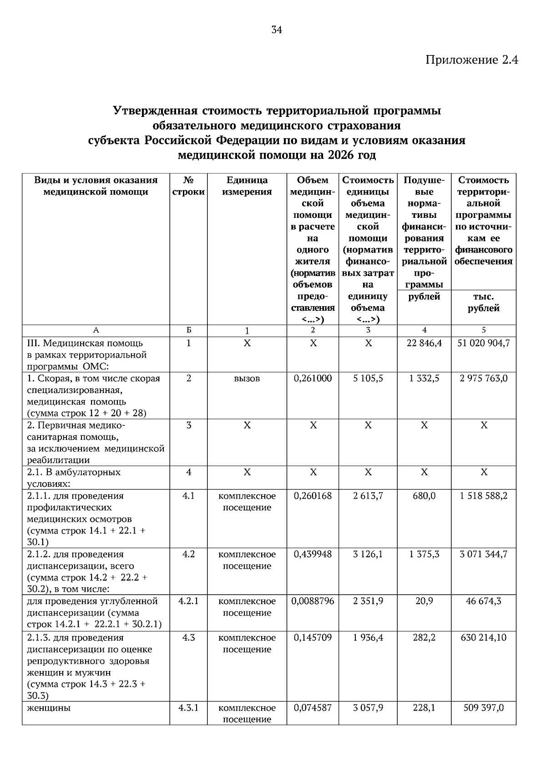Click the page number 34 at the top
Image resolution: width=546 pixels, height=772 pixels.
(x=277, y=30)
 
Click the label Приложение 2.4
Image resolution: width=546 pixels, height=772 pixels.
(x=472, y=60)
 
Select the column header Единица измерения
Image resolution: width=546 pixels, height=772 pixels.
(x=247, y=186)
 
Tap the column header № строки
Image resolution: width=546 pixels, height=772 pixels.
(x=188, y=186)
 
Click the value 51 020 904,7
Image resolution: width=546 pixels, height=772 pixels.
(x=483, y=343)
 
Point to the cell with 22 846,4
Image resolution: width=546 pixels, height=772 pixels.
(x=424, y=343)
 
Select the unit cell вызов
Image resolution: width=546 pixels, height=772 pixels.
(x=247, y=378)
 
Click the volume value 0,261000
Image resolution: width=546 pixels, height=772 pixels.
(x=313, y=378)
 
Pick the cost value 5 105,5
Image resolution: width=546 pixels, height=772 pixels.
(x=368, y=378)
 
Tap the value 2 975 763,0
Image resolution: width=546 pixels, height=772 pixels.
(x=483, y=378)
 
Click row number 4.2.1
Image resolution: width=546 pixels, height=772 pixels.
(x=188, y=601)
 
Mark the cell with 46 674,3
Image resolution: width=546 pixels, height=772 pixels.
(x=483, y=601)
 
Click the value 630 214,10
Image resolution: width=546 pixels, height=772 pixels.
(x=483, y=638)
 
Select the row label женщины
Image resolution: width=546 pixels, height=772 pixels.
(x=49, y=708)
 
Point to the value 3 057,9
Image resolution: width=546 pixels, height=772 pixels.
(x=368, y=708)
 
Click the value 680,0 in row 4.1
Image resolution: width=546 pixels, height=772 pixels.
(x=424, y=496)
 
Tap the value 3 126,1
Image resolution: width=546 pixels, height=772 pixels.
(x=368, y=555)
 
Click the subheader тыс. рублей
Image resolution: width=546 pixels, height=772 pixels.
(x=483, y=303)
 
